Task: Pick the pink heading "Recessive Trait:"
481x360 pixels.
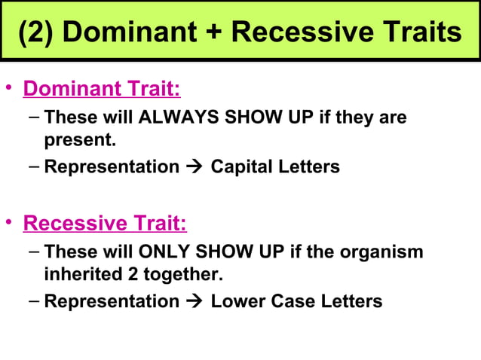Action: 105,224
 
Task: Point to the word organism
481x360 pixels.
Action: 383,252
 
